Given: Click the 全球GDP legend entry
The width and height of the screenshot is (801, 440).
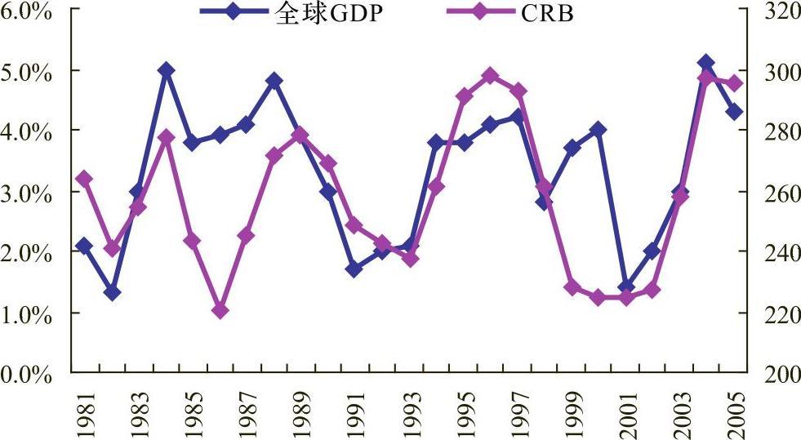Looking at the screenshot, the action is [x=291, y=13].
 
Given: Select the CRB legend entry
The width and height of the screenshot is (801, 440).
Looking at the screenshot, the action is [x=510, y=13].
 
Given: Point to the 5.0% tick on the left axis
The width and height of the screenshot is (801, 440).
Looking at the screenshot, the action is [x=26, y=73].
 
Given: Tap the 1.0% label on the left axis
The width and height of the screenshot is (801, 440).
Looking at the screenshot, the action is [x=26, y=315].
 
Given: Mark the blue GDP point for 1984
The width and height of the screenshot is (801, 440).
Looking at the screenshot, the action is [x=166, y=70].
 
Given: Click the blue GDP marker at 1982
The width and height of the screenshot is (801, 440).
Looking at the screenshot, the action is [x=112, y=292].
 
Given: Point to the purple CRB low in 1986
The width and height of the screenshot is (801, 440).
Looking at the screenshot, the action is [x=220, y=310].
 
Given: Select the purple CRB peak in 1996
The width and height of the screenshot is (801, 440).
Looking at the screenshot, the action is [x=490, y=76].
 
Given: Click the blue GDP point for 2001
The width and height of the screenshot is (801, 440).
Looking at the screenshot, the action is [x=627, y=287].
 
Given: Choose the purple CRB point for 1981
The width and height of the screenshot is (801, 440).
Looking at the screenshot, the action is [x=84, y=179].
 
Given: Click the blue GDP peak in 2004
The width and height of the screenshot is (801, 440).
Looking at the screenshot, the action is [x=706, y=63].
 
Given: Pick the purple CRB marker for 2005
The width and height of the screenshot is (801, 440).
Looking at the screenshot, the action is [x=735, y=83].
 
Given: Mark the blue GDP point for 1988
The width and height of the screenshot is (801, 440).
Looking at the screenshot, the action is [x=274, y=81].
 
